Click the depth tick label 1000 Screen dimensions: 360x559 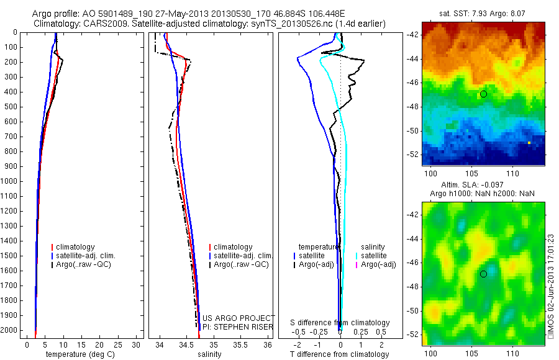(x=10, y=181)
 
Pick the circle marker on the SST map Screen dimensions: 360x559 (x=483, y=94)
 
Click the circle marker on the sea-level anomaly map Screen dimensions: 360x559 (x=483, y=274)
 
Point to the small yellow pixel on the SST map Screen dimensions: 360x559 (x=529, y=143)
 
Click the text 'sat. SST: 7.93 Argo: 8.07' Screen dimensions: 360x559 (x=484, y=12)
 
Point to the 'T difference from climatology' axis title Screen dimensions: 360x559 (x=340, y=354)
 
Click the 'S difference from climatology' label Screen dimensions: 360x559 (x=340, y=323)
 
